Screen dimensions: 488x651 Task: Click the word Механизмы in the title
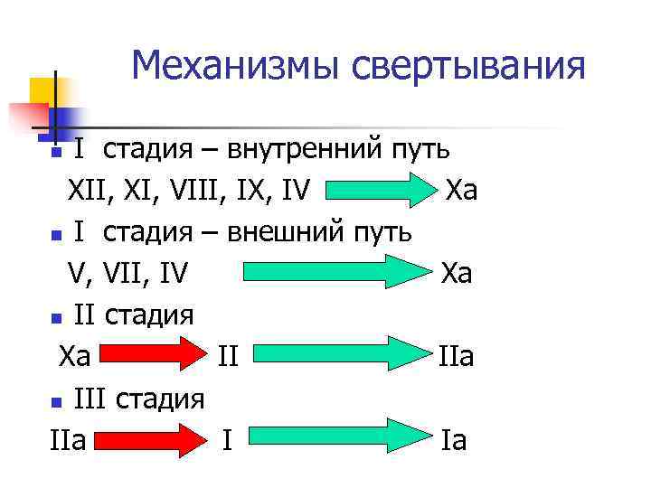click(236, 65)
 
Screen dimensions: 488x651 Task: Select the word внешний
click(287, 232)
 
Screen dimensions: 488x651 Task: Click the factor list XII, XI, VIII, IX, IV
click(189, 192)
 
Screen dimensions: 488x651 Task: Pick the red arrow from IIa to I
click(149, 440)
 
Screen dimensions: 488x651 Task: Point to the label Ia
click(454, 441)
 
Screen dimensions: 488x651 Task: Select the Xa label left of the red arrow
click(75, 356)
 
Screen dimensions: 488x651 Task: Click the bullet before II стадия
click(56, 318)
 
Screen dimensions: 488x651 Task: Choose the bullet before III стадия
click(56, 401)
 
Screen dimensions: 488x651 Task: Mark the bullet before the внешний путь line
click(56, 235)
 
